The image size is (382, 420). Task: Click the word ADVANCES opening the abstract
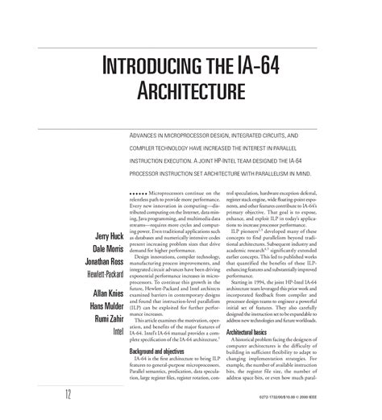147,137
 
